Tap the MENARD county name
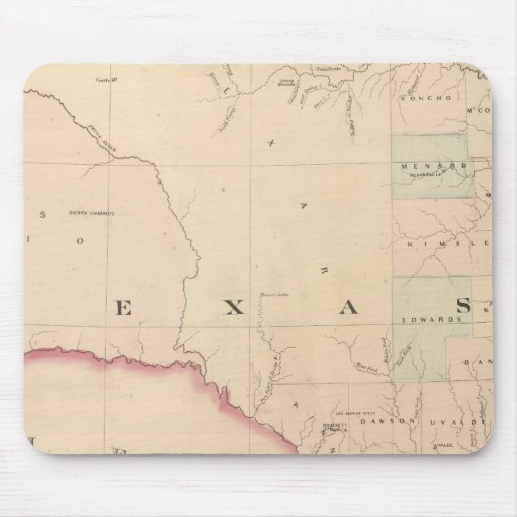(x=421, y=166)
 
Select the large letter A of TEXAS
(x=348, y=308)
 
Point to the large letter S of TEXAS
(x=463, y=307)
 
